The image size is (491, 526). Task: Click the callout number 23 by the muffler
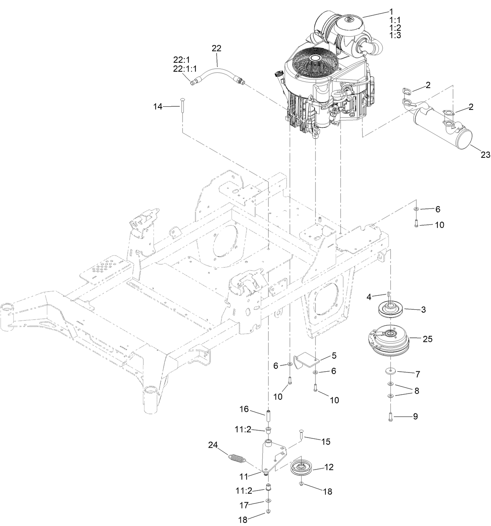tap(485, 155)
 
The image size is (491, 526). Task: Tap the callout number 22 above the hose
tap(216, 48)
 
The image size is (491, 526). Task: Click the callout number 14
tap(158, 106)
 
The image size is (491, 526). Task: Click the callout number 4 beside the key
tap(369, 297)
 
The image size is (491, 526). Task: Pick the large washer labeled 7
tap(390, 370)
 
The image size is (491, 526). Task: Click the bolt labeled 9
tap(390, 417)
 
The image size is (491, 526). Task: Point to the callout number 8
tap(417, 391)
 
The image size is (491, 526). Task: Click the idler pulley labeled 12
tap(302, 468)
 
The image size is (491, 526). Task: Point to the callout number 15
tap(326, 441)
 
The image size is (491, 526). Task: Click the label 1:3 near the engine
tap(395, 35)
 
